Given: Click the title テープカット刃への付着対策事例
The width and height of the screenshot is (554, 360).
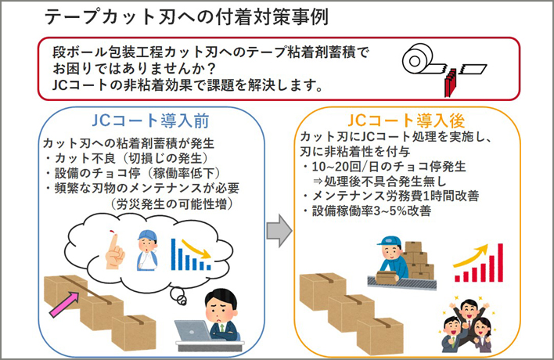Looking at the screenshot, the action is (186, 17).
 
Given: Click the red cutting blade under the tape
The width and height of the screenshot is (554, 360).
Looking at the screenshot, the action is (451, 83).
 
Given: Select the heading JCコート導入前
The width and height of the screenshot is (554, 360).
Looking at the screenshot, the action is (150, 121).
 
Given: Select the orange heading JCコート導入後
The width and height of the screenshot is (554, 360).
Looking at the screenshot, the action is (406, 121).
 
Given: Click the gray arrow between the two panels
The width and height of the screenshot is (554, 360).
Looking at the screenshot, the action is (279, 230).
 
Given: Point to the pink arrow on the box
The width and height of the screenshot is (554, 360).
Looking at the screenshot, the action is (64, 304).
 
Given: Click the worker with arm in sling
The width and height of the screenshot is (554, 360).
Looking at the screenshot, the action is (147, 250).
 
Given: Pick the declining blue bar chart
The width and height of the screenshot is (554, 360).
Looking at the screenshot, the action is (191, 254).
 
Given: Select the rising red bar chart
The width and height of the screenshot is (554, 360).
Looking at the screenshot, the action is (478, 263).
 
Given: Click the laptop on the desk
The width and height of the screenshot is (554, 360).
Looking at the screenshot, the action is (192, 331).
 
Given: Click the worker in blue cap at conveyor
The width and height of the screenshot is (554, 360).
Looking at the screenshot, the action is (390, 258).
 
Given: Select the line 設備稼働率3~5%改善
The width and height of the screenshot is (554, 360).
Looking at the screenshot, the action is (372, 211).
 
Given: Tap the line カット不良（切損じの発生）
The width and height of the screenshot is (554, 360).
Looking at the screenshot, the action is (132, 158).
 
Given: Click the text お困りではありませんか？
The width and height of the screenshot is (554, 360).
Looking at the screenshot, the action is (135, 68).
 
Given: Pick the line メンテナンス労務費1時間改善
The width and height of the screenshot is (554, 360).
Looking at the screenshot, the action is (395, 196).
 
